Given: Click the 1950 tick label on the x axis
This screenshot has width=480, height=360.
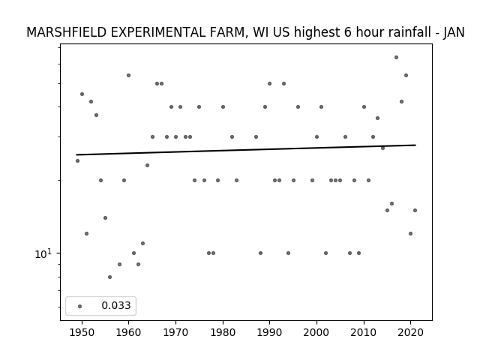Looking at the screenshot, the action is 82,332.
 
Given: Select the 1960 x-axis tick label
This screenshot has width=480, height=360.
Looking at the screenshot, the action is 128,332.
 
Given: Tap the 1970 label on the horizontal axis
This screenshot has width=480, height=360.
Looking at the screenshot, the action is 175,332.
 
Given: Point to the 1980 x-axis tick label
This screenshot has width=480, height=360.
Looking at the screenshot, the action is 223,332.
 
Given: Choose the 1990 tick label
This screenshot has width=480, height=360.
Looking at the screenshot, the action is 270,332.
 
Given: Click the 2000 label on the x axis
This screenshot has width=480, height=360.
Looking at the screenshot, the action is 316,332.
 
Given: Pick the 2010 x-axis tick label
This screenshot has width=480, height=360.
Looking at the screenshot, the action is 364,332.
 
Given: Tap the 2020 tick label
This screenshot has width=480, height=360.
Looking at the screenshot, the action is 411,332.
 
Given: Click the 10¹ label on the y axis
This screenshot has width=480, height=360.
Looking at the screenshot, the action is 43,253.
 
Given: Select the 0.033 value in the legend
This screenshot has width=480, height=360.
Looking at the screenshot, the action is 116,305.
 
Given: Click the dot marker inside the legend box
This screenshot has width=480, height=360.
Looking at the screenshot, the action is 80,306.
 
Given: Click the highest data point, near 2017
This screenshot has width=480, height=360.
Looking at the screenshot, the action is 397,57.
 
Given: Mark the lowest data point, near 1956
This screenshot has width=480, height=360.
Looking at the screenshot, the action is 110,277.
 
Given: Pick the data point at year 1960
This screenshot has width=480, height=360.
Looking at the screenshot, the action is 128,75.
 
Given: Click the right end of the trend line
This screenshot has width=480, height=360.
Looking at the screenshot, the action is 415,145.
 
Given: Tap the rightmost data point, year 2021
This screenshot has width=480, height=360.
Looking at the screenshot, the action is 415,210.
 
